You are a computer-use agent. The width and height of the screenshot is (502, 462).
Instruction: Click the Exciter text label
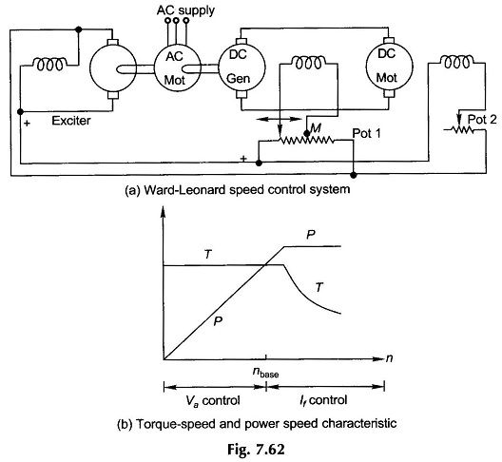tap(71, 121)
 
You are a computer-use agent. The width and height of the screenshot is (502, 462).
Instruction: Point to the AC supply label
tap(185, 10)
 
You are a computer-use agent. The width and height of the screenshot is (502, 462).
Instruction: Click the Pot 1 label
tap(367, 133)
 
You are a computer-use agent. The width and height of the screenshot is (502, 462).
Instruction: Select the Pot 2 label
tap(482, 120)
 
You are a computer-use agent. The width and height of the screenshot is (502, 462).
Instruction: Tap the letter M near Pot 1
tap(316, 128)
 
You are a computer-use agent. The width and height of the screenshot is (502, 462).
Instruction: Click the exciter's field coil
tap(50, 65)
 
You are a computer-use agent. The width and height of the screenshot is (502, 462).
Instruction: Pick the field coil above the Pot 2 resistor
tap(457, 62)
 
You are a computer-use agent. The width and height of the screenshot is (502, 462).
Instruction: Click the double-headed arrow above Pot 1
tap(280, 120)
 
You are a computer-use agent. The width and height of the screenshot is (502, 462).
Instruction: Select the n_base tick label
tap(265, 373)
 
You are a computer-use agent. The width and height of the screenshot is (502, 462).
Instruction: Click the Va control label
tap(213, 401)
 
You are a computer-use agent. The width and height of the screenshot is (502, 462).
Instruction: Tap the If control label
tap(323, 400)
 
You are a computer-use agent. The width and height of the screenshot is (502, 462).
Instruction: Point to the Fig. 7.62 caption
tap(256, 450)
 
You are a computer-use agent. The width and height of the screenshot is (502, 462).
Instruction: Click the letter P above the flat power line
tap(311, 235)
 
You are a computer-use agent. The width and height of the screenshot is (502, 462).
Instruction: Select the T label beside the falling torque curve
tap(319, 287)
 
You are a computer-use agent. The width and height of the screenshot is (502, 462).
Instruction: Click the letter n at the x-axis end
tap(389, 358)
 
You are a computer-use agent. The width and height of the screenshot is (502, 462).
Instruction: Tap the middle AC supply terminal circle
tap(176, 21)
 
